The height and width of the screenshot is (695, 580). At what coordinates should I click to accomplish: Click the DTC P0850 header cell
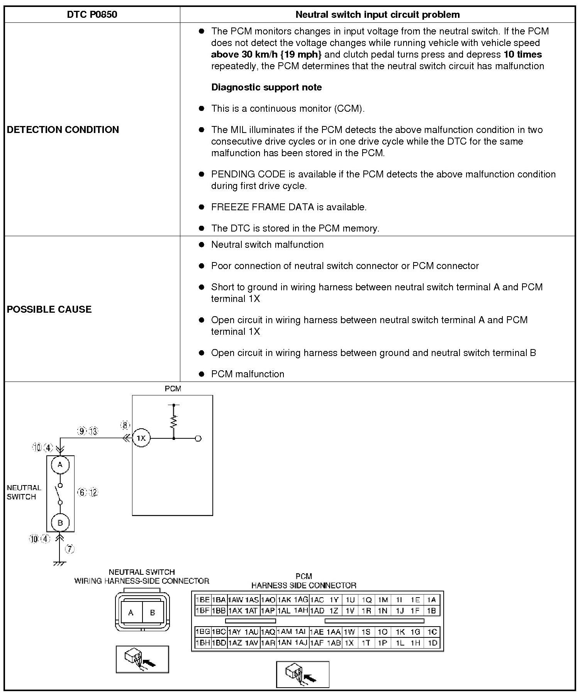[x=92, y=15]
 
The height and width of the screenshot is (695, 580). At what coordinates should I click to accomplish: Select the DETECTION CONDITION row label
[x=63, y=129]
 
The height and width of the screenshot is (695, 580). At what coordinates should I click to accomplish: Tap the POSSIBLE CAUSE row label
[x=49, y=309]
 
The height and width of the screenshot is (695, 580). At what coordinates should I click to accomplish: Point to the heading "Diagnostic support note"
[x=266, y=87]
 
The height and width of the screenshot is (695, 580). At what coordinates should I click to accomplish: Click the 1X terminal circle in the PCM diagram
[x=141, y=438]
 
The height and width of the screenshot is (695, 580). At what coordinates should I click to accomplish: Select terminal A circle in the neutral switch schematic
[x=60, y=465]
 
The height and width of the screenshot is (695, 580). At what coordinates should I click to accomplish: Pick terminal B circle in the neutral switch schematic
[x=60, y=523]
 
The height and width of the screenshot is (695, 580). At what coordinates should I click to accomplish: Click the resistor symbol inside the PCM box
[x=174, y=421]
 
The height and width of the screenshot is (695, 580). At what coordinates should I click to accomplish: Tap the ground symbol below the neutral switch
[x=59, y=563]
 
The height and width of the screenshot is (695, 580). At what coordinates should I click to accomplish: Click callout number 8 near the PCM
[x=125, y=426]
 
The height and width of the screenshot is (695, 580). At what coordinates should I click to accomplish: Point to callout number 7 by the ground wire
[x=70, y=549]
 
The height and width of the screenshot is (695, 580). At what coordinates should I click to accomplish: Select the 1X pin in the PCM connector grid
[x=349, y=643]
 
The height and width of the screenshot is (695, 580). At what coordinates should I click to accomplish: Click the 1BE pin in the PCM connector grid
[x=203, y=600]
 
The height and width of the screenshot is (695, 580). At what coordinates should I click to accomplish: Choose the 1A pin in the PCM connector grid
[x=431, y=600]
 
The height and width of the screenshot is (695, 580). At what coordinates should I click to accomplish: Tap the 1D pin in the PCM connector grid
[x=432, y=643]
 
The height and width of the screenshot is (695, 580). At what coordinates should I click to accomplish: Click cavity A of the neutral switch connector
[x=131, y=613]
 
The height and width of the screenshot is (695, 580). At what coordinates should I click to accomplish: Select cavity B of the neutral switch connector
[x=153, y=613]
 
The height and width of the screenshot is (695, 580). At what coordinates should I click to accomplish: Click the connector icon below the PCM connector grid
[x=303, y=674]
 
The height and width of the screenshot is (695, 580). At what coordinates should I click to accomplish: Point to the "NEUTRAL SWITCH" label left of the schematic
[x=24, y=492]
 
